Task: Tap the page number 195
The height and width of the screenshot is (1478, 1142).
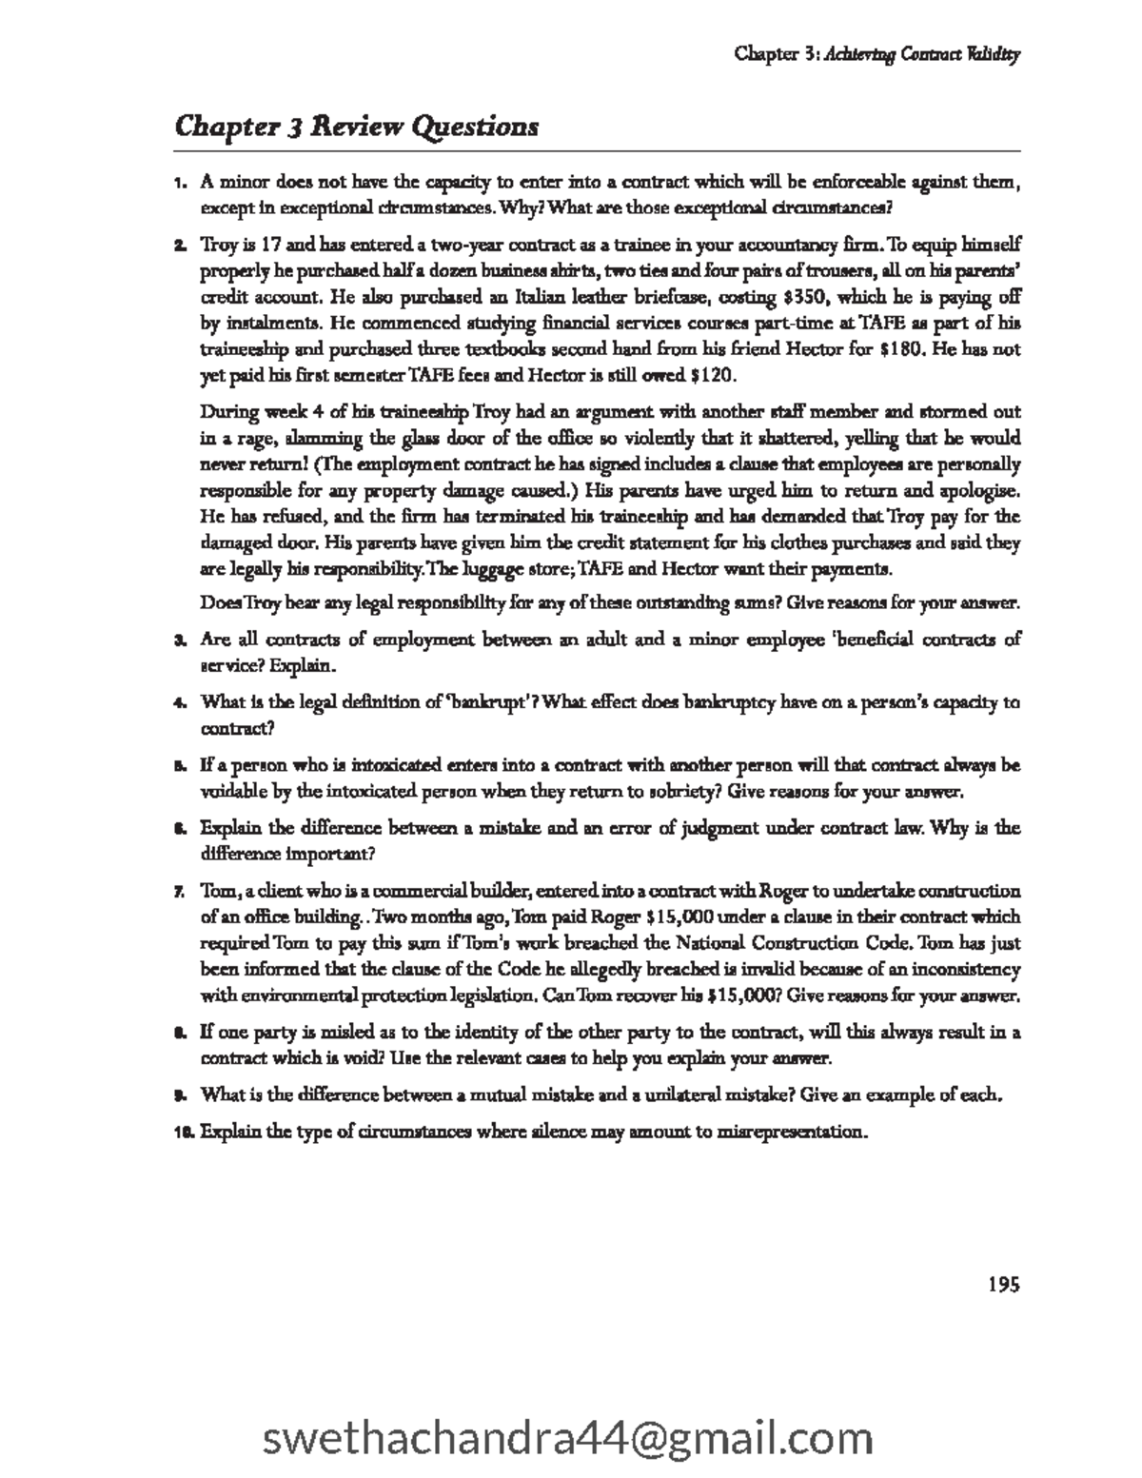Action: (x=1003, y=1285)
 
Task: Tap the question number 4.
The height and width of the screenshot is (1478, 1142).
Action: (x=178, y=703)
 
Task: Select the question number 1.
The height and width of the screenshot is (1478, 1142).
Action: (x=178, y=182)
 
